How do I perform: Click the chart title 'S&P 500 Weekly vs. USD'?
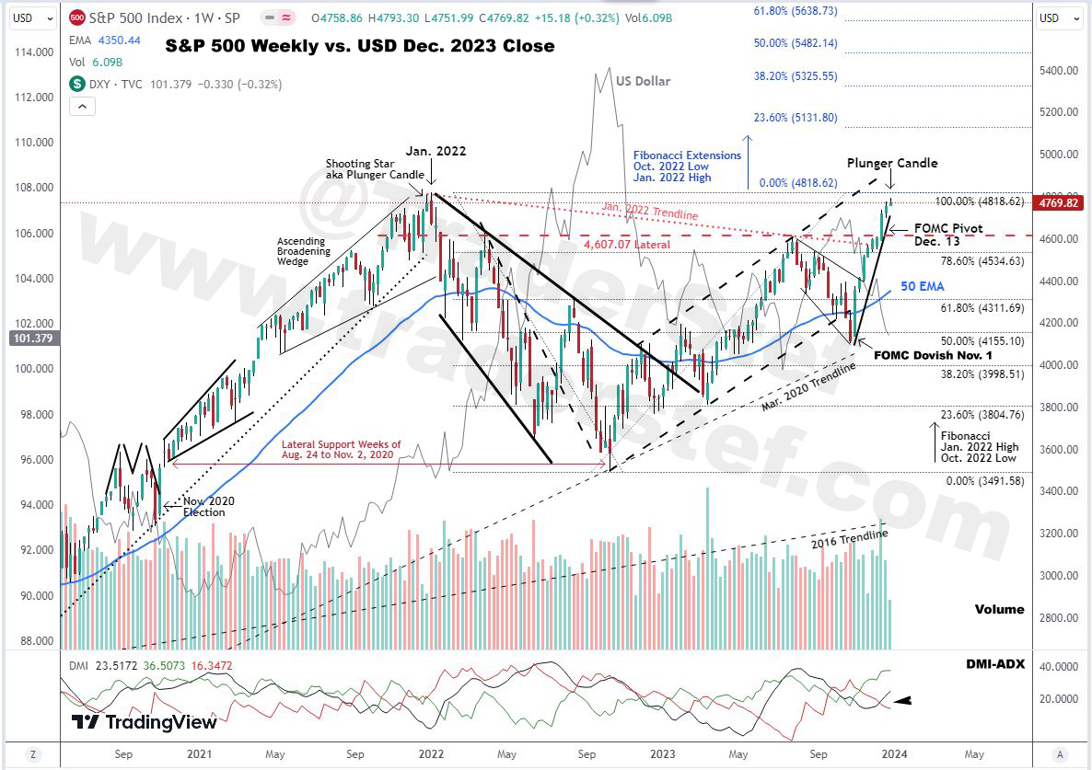tap(360, 46)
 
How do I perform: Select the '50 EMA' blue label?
tap(923, 287)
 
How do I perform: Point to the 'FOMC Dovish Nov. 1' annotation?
tap(933, 355)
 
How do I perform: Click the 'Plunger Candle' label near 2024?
tap(892, 163)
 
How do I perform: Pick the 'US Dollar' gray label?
tap(643, 81)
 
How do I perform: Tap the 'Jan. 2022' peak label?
tap(436, 152)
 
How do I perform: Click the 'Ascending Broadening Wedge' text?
tap(301, 251)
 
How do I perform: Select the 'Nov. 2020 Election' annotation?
tap(209, 506)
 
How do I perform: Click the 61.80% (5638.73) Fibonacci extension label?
tap(796, 11)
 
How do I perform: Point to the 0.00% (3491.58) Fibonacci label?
tap(983, 481)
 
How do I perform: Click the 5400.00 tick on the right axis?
tap(1059, 71)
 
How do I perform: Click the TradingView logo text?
tap(145, 722)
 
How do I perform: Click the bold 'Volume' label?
tap(999, 609)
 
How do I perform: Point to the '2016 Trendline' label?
tap(849, 541)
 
